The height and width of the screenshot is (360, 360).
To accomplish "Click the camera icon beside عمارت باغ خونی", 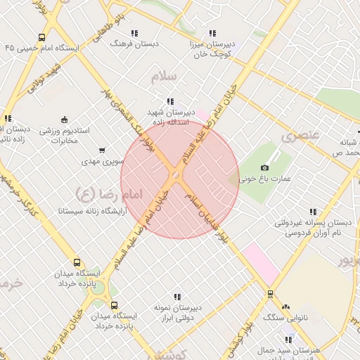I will tap(264, 167).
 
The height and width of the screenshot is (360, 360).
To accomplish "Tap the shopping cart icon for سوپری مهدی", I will tap(102, 150).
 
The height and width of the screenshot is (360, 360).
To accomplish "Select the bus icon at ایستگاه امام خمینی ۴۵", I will tap(42, 37).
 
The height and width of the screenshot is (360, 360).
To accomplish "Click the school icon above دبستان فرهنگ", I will tap(134, 32).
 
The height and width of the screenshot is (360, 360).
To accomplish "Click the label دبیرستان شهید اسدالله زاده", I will tap(169, 117).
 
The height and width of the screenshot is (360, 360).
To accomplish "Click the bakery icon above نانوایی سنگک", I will tap(285, 307).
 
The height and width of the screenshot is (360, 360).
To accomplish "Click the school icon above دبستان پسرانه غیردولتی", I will tap(312, 212).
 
